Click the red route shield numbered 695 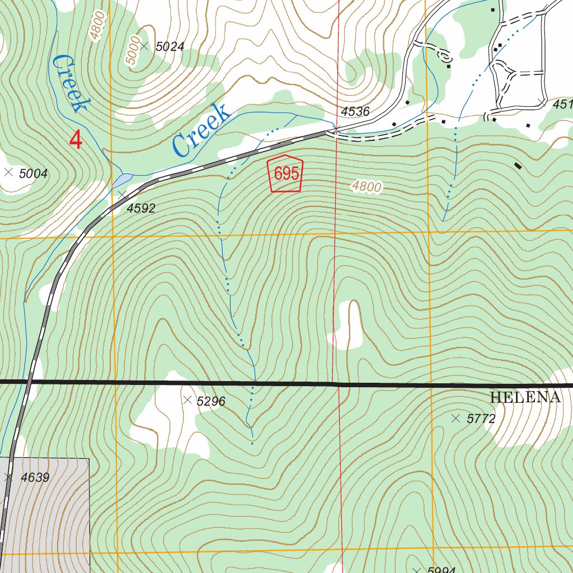point(286,174)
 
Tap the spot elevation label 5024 point(170,47)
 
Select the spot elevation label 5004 point(33,173)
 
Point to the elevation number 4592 point(141,209)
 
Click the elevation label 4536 point(355,111)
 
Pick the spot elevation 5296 point(211,401)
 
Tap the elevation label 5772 point(481,419)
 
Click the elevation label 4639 point(35,478)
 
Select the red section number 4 point(76,140)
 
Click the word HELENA point(525,398)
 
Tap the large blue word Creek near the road point(201,130)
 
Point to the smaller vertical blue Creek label point(70,84)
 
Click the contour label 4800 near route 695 point(367,187)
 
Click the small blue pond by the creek point(123,180)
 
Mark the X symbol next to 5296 point(188,400)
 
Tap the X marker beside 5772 point(455,418)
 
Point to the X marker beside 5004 point(8,173)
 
